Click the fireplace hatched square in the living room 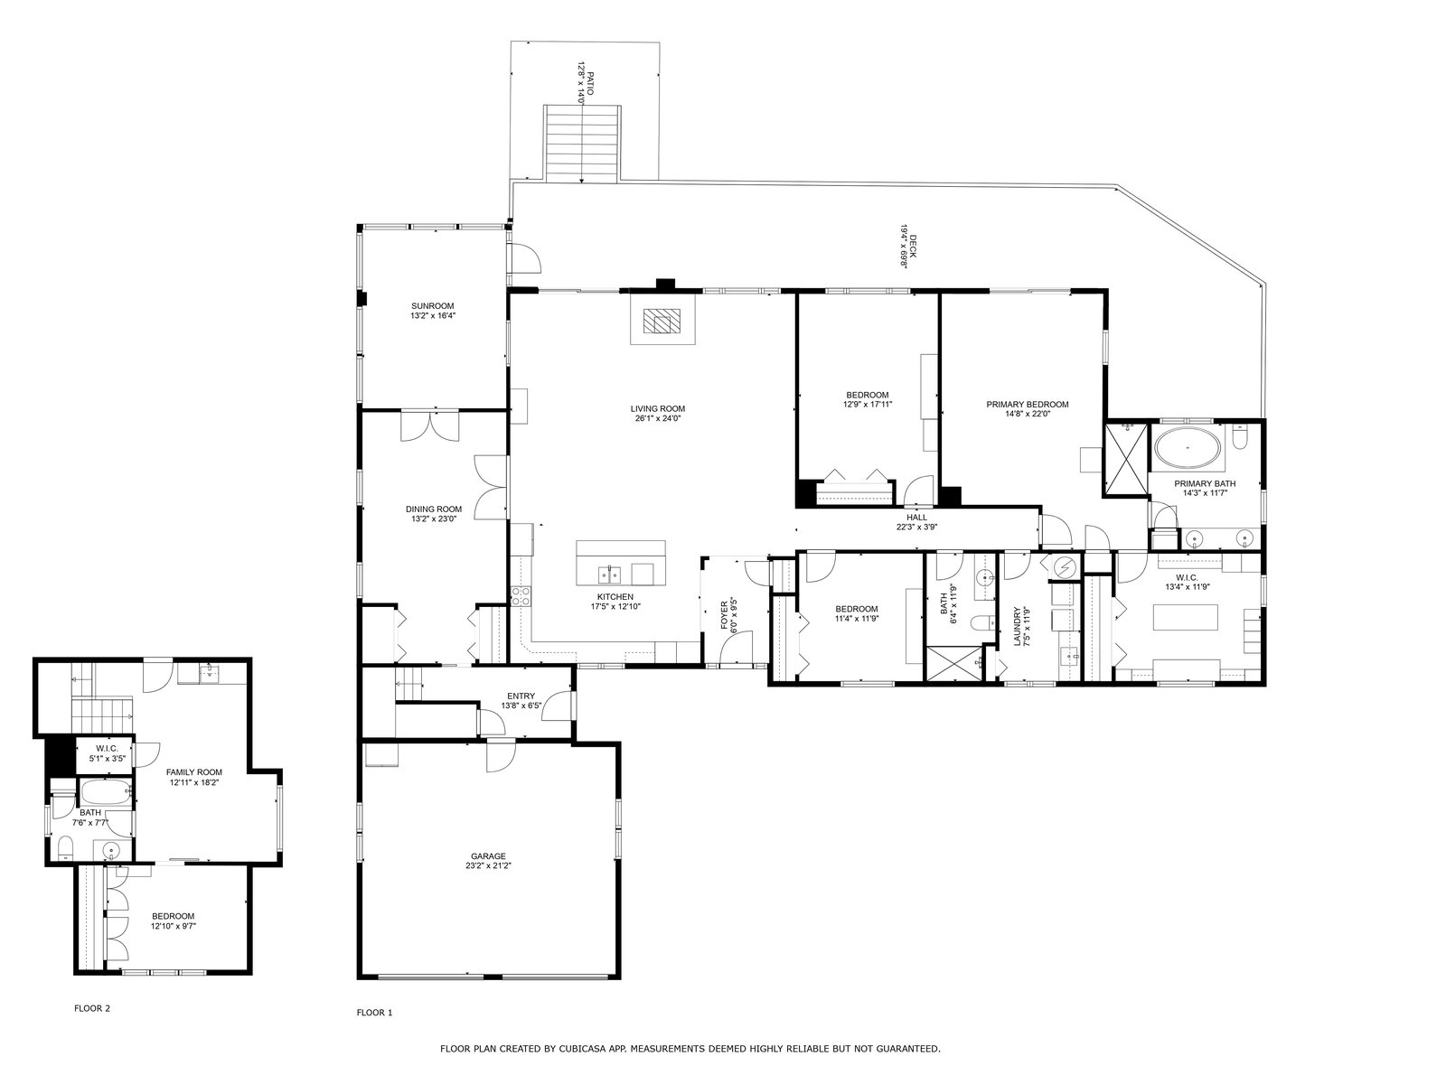pos(657,322)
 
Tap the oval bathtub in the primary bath pos(1188,448)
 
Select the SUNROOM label pos(433,306)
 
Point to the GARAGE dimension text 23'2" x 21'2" pos(488,866)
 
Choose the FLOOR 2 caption pos(92,1008)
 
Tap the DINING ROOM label pos(434,509)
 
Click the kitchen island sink pos(609,574)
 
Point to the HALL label pos(916,518)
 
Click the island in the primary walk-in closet pos(1185,617)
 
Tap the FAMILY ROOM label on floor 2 pos(193,772)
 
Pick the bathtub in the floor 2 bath pos(106,792)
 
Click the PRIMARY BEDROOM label pos(1027,404)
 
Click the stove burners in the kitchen pos(520,596)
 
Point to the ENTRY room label pos(521,696)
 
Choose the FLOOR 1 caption pos(374,1013)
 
